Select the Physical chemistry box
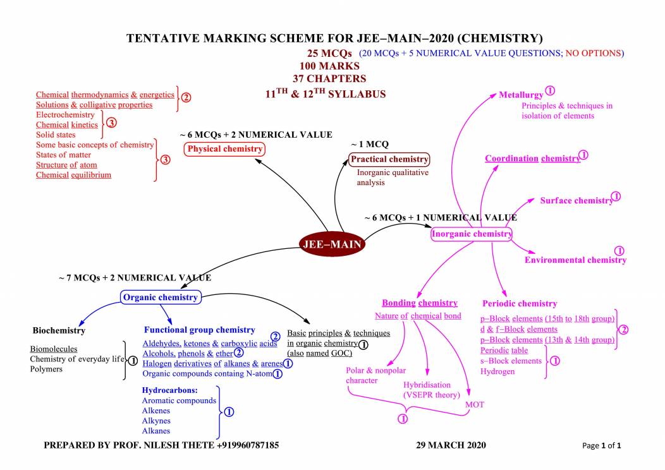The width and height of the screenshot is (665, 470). coord(224,149)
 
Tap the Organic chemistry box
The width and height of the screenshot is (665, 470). coord(161,297)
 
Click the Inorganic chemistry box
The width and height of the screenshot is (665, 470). coord(472,234)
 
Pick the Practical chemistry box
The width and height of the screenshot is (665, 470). coord(389,159)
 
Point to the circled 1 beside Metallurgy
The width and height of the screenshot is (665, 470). coord(550,92)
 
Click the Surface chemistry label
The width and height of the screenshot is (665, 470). coord(576,201)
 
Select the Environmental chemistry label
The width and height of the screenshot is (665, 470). coord(575,260)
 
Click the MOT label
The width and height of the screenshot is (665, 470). coord(474,404)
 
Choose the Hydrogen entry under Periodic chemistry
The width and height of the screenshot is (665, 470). coord(498,371)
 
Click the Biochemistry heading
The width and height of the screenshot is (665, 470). coord(59,330)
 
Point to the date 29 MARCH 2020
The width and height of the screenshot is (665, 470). coord(451,445)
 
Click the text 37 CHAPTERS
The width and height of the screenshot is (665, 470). coord(329,79)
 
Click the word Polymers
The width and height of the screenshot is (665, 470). coord(47,369)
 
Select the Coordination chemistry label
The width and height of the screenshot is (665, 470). coord(532,159)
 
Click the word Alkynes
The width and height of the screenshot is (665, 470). coord(156,421)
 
